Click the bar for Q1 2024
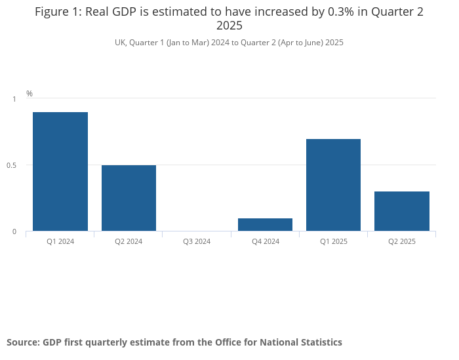60,171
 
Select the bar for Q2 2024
129,198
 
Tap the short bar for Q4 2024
265,224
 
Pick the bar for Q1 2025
333,185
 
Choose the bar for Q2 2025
401,211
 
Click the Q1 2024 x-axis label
60,241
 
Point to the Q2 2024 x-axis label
129,241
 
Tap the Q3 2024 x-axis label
197,241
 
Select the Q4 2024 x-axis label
265,241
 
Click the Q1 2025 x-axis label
333,241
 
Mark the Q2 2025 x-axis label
401,241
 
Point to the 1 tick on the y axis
14,99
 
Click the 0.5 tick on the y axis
12,165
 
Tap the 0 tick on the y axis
14,231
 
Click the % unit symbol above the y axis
30,94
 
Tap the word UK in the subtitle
120,43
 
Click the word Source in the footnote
23,342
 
